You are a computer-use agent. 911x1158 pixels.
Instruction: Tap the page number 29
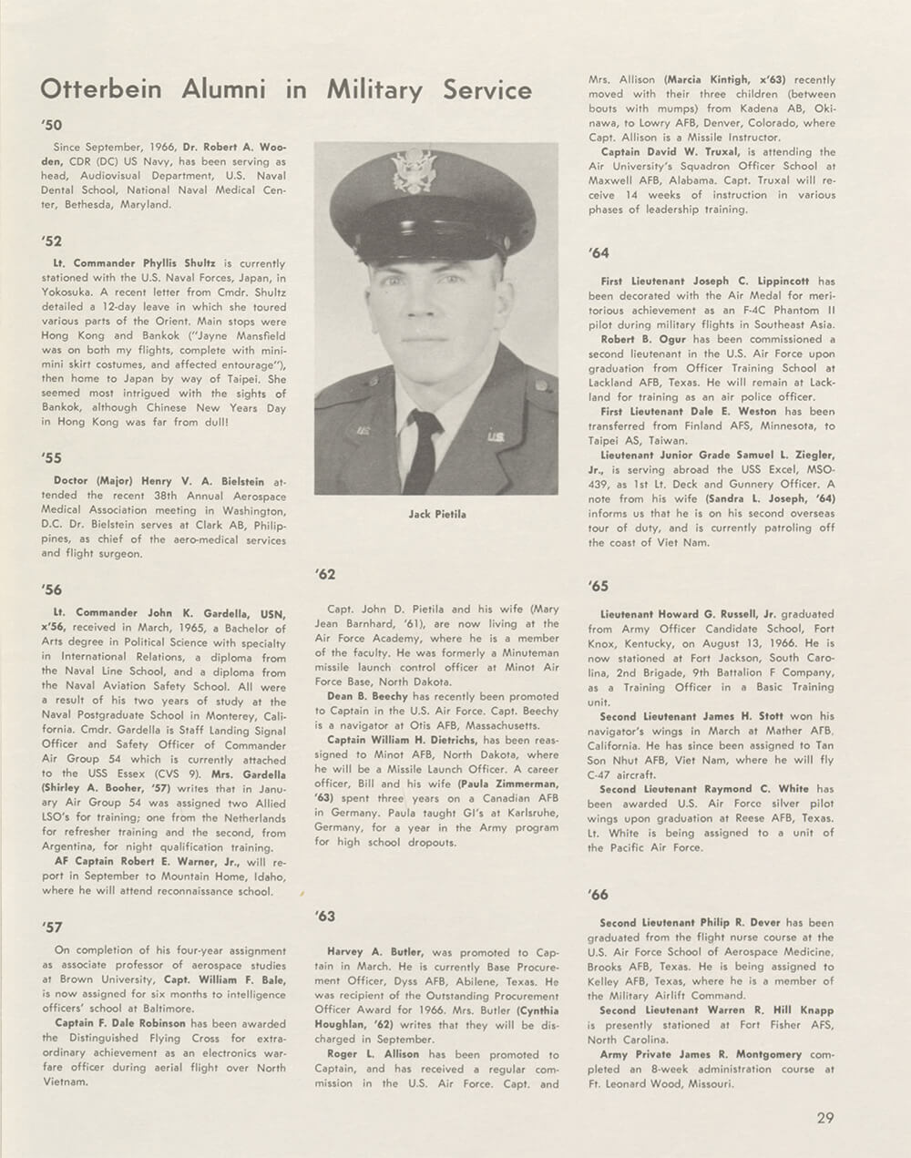coord(824,1118)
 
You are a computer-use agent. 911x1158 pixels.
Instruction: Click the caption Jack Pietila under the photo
coord(436,515)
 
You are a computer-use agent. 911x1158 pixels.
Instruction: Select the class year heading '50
coord(51,125)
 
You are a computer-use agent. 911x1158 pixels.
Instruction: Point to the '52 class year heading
coord(51,241)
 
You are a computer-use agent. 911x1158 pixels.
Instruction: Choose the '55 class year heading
coord(51,457)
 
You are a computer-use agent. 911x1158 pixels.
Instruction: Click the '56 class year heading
coord(51,590)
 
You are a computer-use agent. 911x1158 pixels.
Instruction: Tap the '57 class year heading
coord(51,927)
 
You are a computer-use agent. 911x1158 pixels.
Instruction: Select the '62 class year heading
coord(325,574)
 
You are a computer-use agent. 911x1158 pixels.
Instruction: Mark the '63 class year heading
coord(325,916)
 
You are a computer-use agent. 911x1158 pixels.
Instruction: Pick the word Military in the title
coord(374,90)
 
